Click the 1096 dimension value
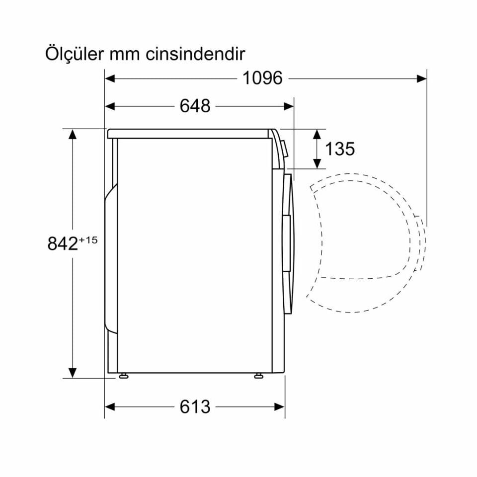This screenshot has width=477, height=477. [x=262, y=78]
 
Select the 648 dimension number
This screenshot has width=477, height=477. [x=195, y=106]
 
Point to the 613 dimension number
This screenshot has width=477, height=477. [x=195, y=406]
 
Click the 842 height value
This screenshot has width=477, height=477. [x=63, y=244]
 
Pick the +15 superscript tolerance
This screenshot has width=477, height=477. [x=88, y=240]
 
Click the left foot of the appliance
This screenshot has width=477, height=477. [x=122, y=376]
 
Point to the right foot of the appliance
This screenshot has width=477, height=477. [x=258, y=376]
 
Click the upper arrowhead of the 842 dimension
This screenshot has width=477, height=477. [x=73, y=135]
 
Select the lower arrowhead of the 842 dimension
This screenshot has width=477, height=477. [x=73, y=372]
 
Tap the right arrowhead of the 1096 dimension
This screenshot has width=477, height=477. [x=421, y=78]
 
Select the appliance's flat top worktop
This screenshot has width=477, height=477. [x=189, y=133]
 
